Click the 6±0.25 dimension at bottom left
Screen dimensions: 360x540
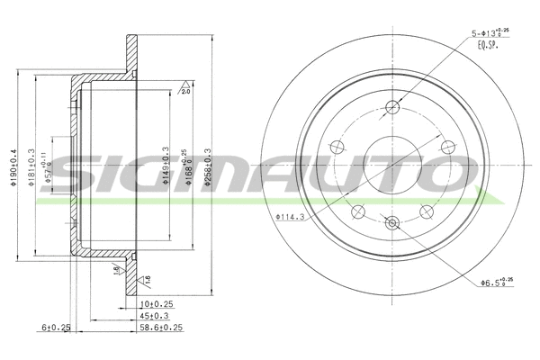click(56, 329)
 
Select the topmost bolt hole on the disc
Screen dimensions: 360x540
click(391, 109)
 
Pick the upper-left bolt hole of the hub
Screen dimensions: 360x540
click(338, 147)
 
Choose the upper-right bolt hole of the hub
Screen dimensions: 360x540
click(445, 147)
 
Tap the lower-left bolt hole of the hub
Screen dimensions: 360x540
click(358, 211)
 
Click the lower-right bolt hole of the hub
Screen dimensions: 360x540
click(425, 211)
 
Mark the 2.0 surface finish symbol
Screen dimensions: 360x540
click(184, 90)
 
